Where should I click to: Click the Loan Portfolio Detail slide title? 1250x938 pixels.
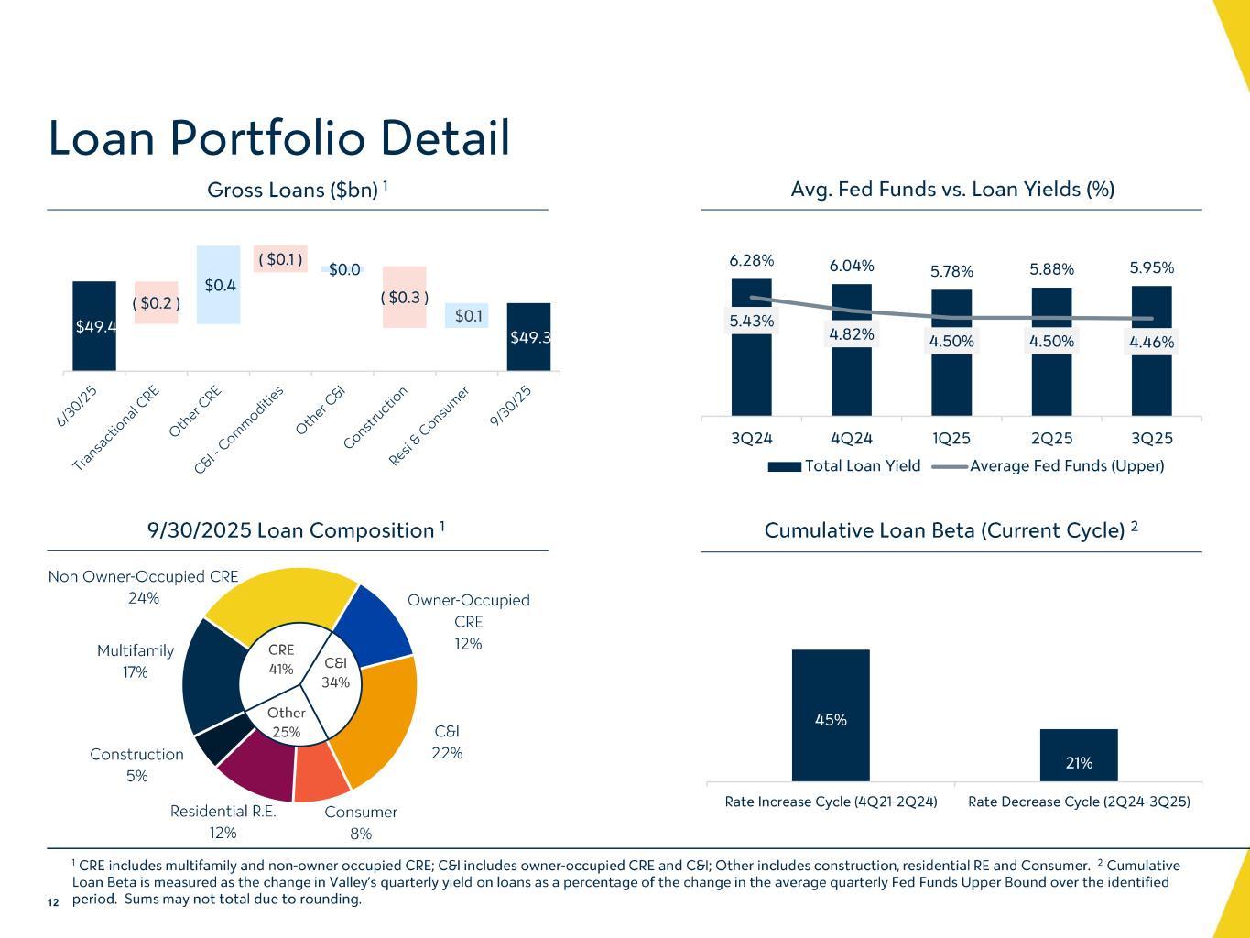tap(278, 138)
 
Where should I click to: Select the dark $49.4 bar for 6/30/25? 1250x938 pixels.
tap(94, 325)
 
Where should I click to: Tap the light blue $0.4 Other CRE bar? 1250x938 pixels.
tap(219, 285)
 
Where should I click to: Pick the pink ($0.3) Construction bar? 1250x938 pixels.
tap(404, 297)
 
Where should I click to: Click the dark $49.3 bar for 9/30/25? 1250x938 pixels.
tap(528, 336)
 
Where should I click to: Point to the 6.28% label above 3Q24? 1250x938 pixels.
tap(751, 261)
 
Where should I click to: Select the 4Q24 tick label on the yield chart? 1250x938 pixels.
tap(851, 439)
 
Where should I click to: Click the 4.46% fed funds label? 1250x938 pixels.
tap(1151, 342)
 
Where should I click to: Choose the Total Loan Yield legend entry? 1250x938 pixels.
tap(843, 466)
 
